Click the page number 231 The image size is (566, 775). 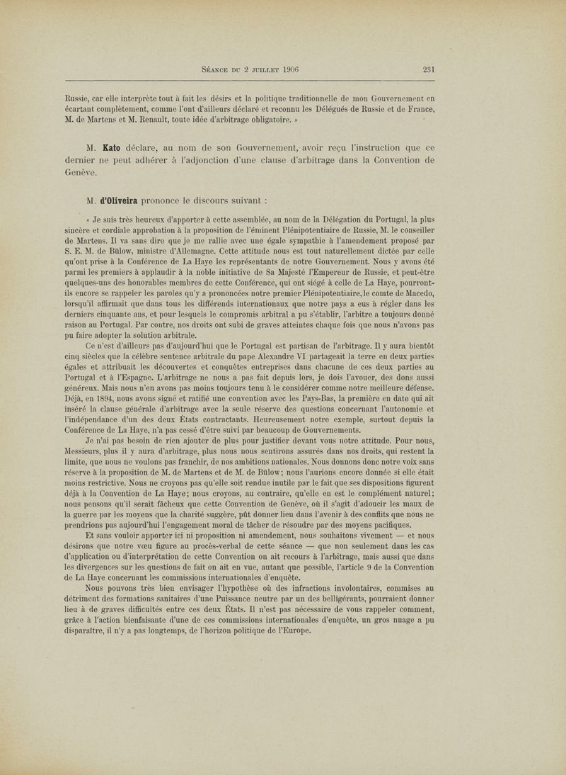(429, 69)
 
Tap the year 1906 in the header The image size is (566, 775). (289, 69)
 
